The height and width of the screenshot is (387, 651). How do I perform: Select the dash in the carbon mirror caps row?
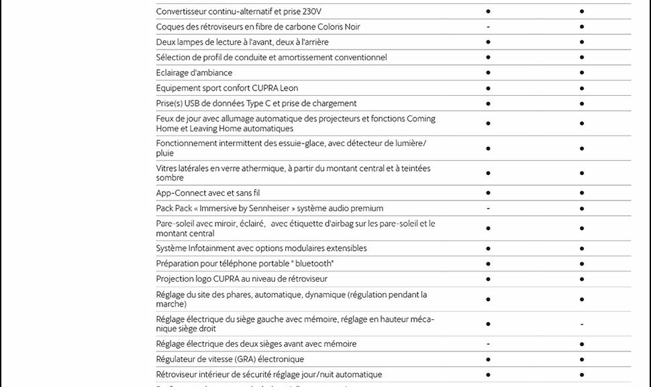(488, 27)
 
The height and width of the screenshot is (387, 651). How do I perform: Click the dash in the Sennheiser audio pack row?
(488, 209)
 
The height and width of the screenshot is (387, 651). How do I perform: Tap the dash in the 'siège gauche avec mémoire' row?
(581, 324)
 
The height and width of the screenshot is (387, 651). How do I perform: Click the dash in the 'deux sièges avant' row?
(488, 344)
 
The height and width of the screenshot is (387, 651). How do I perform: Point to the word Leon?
(289, 88)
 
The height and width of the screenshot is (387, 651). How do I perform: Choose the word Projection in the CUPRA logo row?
(174, 279)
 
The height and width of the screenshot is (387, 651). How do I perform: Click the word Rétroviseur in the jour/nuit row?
(180, 375)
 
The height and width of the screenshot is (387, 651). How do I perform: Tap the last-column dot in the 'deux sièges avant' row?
(581, 344)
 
